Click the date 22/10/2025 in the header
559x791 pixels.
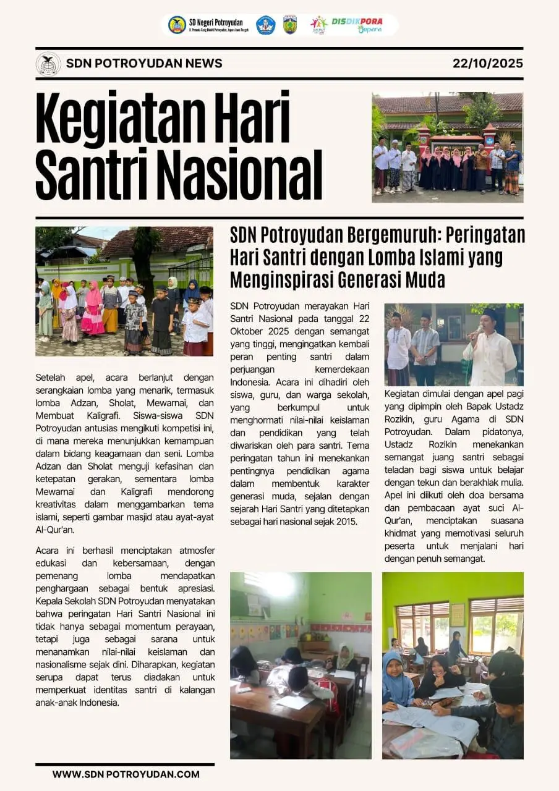tap(487, 63)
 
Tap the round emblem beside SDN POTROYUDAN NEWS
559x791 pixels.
tap(48, 64)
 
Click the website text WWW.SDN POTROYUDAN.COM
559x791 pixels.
tap(126, 774)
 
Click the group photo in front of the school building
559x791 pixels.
tap(447, 148)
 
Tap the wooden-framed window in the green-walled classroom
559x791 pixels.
tap(423, 627)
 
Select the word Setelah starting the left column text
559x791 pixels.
tap(53, 377)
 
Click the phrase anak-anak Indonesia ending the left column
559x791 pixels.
tap(77, 703)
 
